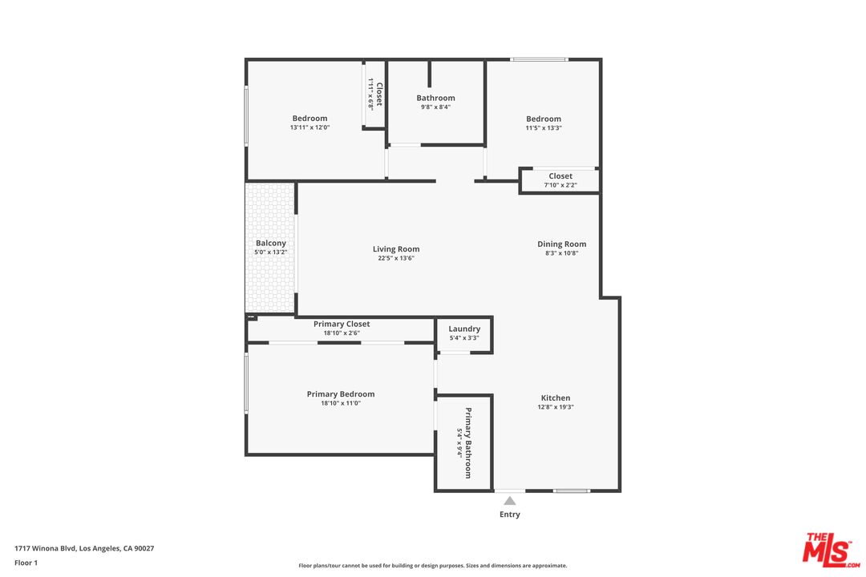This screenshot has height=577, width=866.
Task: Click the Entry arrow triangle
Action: tap(510, 501)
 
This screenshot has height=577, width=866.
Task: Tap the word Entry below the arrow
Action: tap(510, 514)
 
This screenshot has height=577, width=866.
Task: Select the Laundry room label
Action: tap(464, 329)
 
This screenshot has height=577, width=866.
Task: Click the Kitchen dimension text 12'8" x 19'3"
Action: tap(556, 407)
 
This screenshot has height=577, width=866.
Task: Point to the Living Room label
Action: tap(396, 249)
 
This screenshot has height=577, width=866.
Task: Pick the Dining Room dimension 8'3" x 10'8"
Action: tap(561, 253)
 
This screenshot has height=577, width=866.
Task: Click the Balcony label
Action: tap(271, 243)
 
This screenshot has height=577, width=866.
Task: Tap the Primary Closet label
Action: tap(342, 324)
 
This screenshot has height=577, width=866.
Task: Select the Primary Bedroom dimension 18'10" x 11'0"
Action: tap(341, 403)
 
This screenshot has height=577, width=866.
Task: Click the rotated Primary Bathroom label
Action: tap(468, 443)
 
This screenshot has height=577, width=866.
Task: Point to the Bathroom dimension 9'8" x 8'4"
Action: tap(435, 107)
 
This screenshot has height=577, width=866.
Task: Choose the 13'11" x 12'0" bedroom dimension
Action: tap(310, 127)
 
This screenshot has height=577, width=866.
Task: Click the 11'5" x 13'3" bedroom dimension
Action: tap(544, 127)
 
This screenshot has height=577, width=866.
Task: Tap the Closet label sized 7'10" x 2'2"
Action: tap(560, 176)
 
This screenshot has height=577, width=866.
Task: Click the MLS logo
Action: tap(831, 549)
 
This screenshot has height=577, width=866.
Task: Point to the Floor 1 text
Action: tap(26, 563)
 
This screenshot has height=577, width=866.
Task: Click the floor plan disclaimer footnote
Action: tap(433, 565)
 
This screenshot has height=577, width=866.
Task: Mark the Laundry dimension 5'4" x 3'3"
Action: tap(464, 338)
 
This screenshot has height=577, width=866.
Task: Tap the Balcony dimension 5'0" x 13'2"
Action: tap(271, 252)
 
